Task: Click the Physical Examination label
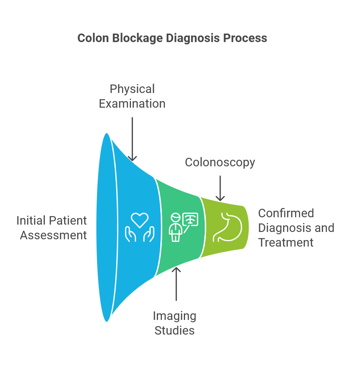[132, 96]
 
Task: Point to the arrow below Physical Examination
[132, 139]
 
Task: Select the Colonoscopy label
[220, 162]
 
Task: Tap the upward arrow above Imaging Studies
[176, 284]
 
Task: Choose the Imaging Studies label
[175, 323]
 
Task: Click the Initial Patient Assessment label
[52, 228]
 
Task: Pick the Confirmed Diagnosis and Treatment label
[296, 228]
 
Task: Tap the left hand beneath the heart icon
[130, 234]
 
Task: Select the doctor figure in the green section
[176, 228]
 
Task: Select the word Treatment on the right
[286, 242]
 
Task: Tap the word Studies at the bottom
[175, 330]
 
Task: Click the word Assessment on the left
[53, 235]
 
